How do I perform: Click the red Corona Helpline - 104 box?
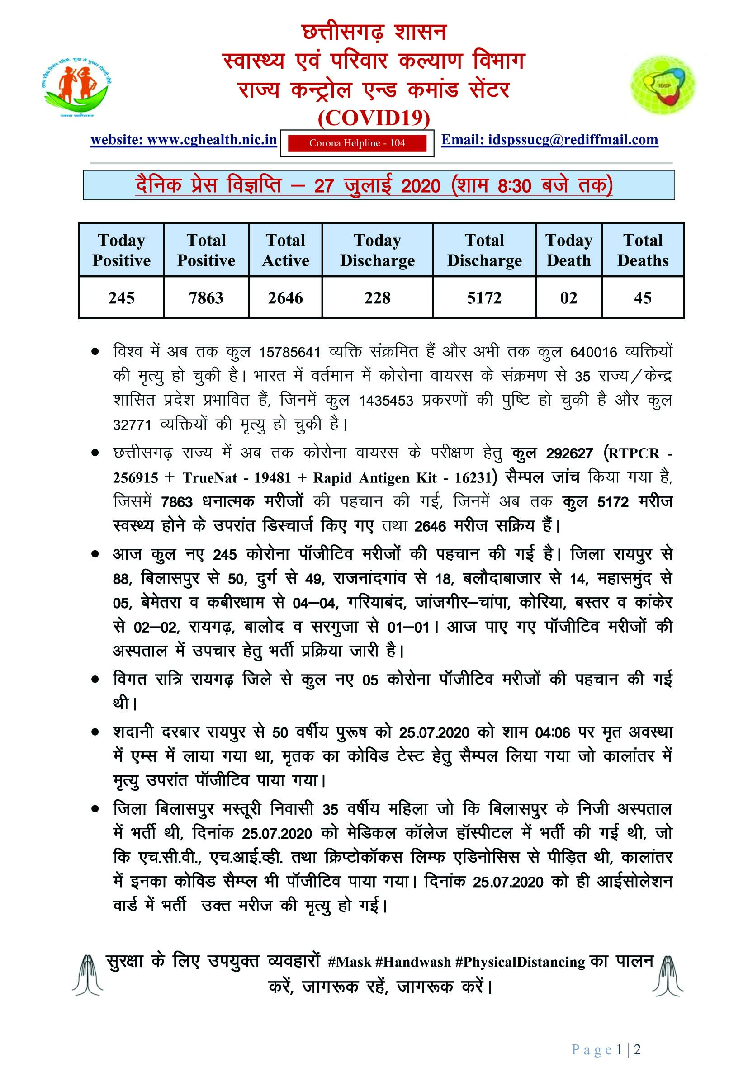point(357,143)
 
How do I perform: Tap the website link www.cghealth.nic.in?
point(184,140)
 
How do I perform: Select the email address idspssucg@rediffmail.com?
point(549,140)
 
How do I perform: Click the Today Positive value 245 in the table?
point(121,298)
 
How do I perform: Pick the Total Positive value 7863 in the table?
point(206,298)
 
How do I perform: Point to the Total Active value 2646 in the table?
point(285,298)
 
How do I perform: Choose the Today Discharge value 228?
point(377,298)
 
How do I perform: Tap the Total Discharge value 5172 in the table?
point(484,298)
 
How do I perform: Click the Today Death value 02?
point(568,298)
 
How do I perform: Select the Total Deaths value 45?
point(643,298)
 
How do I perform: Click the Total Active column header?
point(285,250)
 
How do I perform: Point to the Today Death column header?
point(568,250)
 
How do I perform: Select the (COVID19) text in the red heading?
point(374,118)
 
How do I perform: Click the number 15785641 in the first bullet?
point(289,352)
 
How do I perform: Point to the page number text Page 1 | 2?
point(606,1050)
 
